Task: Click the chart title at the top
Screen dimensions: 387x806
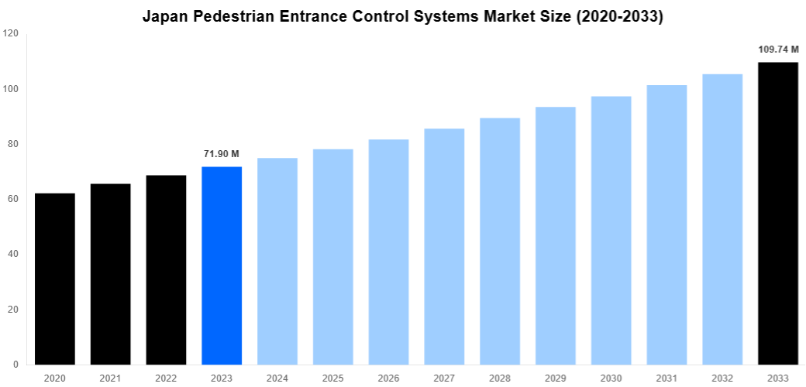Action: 403,16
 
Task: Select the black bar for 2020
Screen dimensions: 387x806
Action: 55,279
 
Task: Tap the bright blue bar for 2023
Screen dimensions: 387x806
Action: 222,265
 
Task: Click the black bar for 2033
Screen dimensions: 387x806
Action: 778,213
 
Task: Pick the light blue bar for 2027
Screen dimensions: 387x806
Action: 444,246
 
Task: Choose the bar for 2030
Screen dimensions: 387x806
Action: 611,230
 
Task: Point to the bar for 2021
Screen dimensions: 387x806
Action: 110,274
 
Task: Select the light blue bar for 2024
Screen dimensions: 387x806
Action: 277,261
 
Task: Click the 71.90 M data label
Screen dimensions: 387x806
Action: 222,154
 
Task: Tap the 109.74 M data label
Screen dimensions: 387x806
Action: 778,50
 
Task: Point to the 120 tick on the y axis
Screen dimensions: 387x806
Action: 11,34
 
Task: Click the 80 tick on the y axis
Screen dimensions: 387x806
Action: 13,144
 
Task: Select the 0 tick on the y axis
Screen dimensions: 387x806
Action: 15,365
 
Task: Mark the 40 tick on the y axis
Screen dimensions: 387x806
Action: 13,255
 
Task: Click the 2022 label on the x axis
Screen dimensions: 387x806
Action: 166,378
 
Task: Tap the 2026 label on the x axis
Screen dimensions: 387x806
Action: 388,378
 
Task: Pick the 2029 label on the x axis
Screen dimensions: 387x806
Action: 555,378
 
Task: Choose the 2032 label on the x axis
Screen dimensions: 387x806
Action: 722,378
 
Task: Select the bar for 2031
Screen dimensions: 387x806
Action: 666,224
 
